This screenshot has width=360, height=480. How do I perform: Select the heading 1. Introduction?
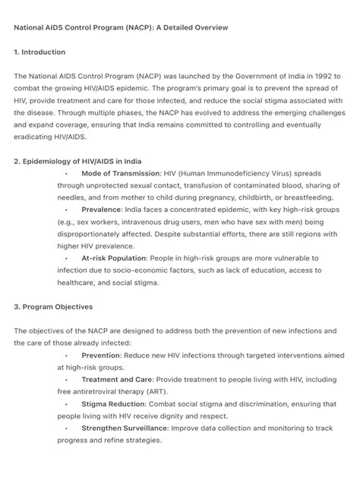39,52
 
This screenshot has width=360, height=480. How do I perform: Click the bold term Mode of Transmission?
120,173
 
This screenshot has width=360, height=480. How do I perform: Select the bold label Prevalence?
102,210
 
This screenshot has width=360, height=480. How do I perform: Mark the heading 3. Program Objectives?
53,307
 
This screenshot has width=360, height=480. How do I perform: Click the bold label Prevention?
101,355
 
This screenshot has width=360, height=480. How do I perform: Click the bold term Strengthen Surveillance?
125,428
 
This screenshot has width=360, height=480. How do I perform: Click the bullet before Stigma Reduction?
67,404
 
